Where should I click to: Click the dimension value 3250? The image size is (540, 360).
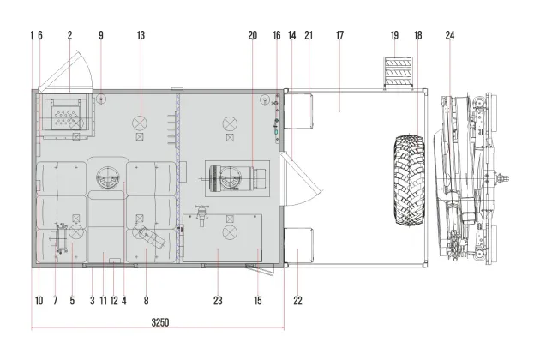tap(160, 322)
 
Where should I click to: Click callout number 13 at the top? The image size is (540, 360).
tap(141, 35)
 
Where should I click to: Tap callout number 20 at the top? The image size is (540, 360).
tap(253, 35)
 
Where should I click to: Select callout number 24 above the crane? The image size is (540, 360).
tap(450, 35)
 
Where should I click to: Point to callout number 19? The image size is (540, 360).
tap(394, 35)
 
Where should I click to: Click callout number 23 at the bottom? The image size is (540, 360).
tap(218, 301)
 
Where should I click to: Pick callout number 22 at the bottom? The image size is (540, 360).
tap(298, 301)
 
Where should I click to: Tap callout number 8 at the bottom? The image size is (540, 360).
tap(146, 301)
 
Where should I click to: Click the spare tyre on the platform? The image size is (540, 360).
tap(410, 180)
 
